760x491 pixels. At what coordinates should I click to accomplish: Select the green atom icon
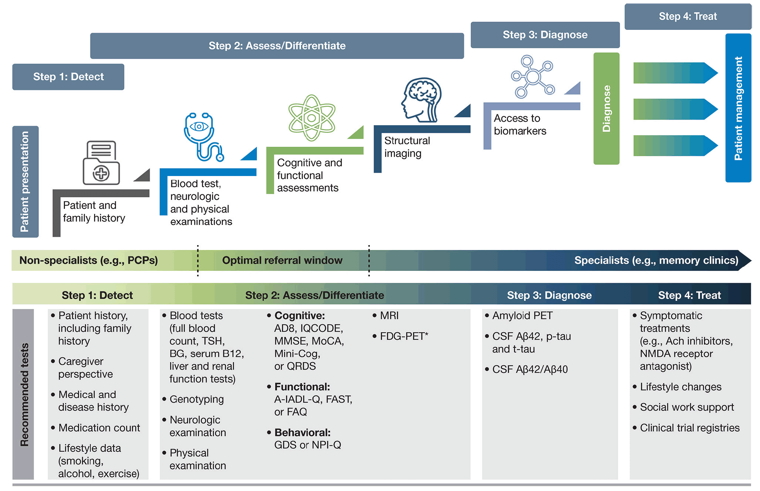[x=312, y=118]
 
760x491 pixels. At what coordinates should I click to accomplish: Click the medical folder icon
[x=101, y=163]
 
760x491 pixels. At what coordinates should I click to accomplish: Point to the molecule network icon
[x=533, y=77]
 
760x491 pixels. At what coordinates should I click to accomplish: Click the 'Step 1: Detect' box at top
[x=68, y=77]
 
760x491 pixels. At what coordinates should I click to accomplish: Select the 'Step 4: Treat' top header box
[x=688, y=16]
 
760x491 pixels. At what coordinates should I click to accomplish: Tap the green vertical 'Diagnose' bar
[x=606, y=108]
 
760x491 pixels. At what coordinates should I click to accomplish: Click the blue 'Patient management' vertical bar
[x=738, y=108]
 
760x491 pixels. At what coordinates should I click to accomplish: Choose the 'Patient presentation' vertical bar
[x=25, y=182]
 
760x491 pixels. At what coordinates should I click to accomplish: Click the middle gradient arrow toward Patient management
[x=676, y=109]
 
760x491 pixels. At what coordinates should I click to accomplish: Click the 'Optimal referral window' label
[x=282, y=260]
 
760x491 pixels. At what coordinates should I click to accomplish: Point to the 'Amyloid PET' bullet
[x=522, y=316]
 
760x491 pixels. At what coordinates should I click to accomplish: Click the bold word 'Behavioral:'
[x=302, y=433]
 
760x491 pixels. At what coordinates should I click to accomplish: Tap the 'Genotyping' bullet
[x=196, y=399]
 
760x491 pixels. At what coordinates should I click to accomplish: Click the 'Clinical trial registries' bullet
[x=689, y=428]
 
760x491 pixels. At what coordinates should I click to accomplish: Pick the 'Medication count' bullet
[x=99, y=428]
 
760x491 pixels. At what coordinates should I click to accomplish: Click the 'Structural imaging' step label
[x=407, y=147]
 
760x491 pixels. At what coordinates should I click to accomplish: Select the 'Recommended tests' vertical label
[x=24, y=395]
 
